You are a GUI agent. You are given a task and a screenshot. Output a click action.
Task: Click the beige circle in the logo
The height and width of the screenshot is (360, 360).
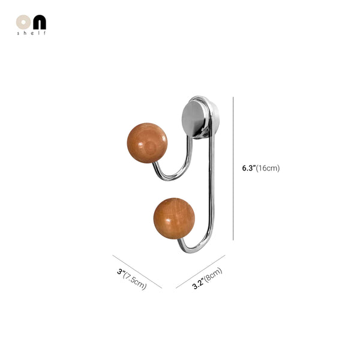pos(23,22)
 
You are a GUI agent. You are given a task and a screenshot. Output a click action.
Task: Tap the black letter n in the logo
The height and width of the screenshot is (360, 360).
pos(38,22)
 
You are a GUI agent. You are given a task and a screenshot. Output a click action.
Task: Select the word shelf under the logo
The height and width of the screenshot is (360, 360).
pos(31,33)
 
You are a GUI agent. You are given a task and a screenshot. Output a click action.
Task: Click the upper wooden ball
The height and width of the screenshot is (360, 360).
pos(147,142)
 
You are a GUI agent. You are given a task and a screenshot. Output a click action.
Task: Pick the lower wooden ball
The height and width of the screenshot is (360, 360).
pos(173,218)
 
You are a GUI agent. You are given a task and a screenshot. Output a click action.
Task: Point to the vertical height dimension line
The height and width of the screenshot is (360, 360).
pos(233,168)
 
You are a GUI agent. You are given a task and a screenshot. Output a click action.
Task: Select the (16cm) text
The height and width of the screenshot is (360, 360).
pos(268,168)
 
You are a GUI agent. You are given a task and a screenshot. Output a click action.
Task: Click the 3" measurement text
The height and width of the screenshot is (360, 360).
pos(121,272)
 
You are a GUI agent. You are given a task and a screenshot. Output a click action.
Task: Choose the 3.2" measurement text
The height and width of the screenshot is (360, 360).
pos(197,284)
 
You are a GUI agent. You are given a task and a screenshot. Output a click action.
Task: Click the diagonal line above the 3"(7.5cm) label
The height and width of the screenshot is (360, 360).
pos(137,272)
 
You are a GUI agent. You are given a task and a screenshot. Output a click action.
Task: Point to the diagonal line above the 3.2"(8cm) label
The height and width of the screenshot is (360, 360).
pos(200,271)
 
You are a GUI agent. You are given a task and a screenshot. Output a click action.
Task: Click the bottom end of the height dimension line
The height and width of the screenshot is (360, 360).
pos(233,240)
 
